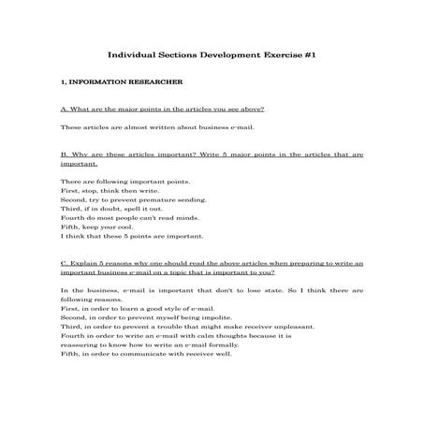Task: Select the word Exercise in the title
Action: click(x=276, y=55)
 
